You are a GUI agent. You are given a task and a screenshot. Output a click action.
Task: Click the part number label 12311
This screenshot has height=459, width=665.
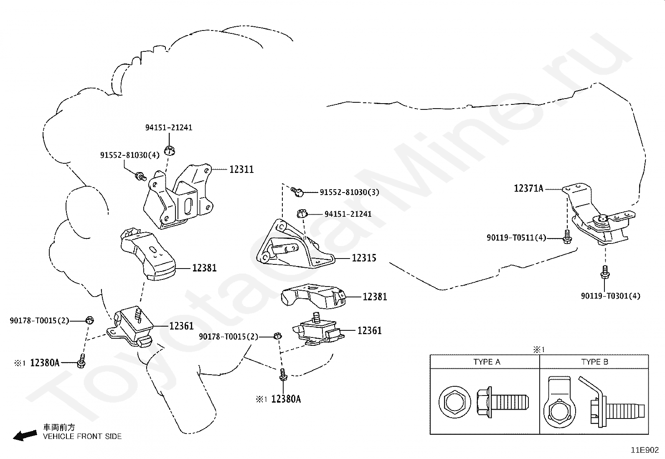tap(241, 170)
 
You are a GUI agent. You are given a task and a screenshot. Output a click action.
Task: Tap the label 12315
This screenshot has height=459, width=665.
tap(364, 258)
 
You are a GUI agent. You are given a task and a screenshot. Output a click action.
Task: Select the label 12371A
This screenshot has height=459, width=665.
tap(528, 188)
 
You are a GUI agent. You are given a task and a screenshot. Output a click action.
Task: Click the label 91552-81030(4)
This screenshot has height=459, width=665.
tap(130, 155)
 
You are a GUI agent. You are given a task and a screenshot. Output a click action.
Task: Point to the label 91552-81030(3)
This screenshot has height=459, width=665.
tap(350, 193)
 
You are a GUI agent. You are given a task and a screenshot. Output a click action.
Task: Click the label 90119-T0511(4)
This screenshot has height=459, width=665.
tap(516, 238)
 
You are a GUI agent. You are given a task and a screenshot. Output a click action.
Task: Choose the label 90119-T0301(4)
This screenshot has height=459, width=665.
tap(611, 296)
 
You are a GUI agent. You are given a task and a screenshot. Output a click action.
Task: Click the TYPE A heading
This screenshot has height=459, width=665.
tap(487, 362)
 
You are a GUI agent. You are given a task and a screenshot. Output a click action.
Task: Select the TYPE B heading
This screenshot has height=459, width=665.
tap(595, 362)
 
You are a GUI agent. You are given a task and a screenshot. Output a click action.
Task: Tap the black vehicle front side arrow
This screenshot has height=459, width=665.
tap(25, 435)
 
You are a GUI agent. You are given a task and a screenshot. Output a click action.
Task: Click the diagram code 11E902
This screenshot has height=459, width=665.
tap(645, 450)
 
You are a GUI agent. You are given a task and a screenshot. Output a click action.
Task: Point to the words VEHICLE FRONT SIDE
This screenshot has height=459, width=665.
tap(82, 436)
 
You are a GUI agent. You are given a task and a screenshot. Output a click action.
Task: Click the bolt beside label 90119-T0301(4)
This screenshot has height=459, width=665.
tap(605, 272)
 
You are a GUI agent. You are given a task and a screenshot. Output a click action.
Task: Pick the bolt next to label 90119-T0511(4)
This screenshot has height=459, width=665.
tap(567, 237)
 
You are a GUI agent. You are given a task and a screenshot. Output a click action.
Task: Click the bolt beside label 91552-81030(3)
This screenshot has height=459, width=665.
tap(297, 192)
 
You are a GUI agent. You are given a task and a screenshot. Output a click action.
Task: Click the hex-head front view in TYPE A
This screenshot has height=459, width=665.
tap(454, 402)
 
